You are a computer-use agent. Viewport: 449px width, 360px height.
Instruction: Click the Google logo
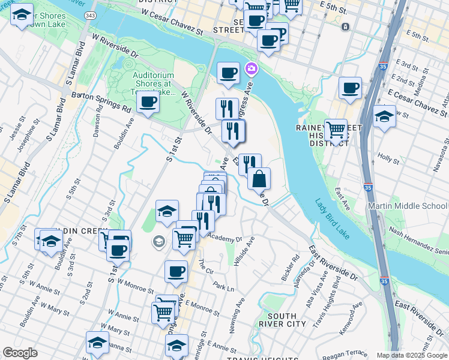tap(20, 353)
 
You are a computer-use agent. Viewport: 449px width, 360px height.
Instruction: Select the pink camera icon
tap(250, 70)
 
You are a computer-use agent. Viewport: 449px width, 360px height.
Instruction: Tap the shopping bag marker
tap(259, 179)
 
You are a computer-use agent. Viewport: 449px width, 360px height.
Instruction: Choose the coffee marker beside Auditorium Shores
tap(148, 102)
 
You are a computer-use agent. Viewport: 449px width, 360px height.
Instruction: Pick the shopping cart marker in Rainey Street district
tap(336, 130)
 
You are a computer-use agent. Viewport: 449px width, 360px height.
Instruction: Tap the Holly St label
tap(389, 159)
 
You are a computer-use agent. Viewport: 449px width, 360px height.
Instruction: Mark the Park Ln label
tap(223, 288)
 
